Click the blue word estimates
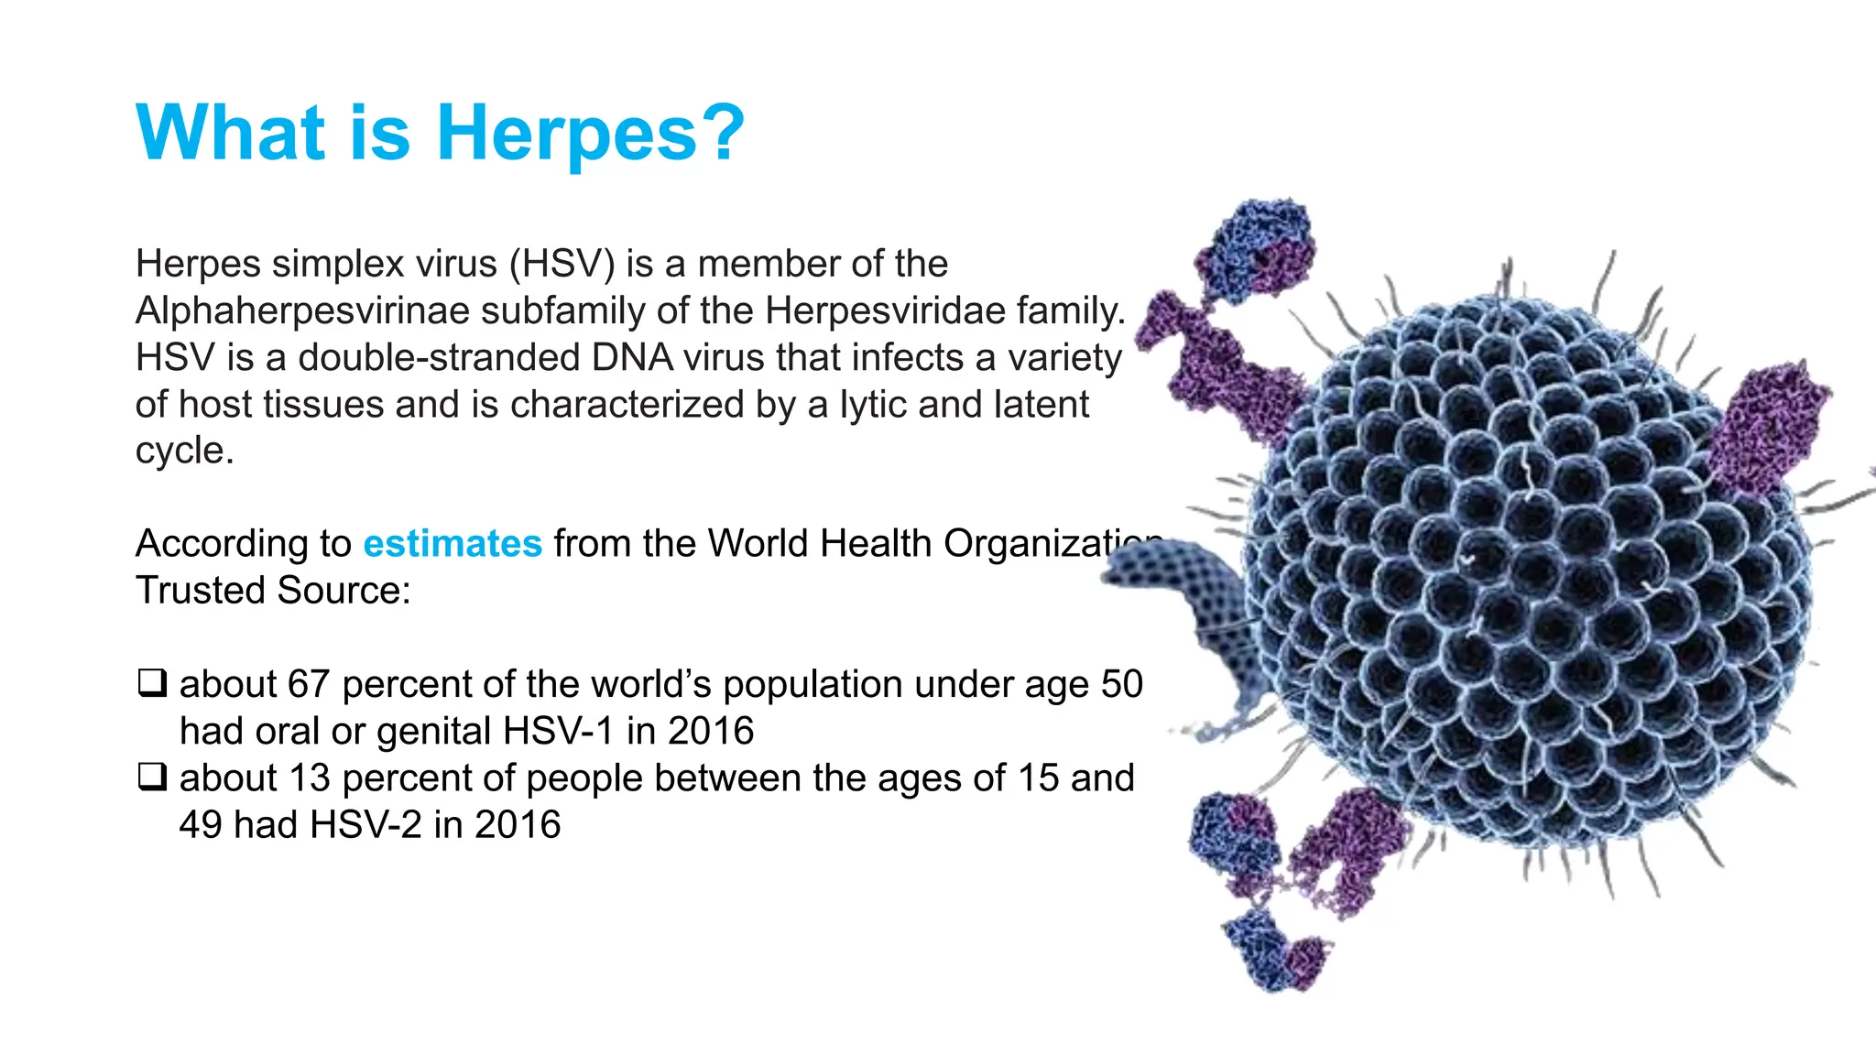click(453, 543)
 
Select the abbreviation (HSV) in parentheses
click(562, 264)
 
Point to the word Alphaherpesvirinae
click(302, 310)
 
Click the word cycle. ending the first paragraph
click(185, 451)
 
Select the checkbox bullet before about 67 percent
click(152, 683)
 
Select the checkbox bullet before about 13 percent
click(152, 777)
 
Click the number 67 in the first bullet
click(308, 684)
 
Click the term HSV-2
click(365, 824)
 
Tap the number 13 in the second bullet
click(308, 778)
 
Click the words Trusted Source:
click(273, 590)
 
